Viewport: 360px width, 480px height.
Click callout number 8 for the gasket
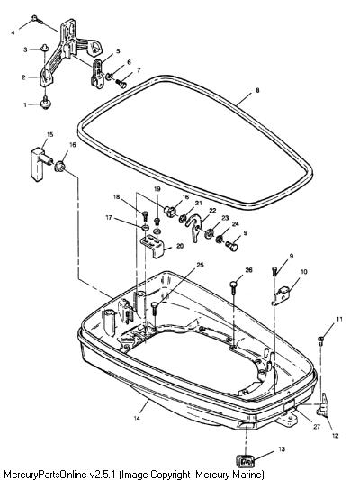[x=257, y=90]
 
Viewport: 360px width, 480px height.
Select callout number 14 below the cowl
[x=137, y=418]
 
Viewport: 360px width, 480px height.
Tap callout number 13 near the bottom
[x=282, y=449]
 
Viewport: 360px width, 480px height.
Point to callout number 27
[x=316, y=426]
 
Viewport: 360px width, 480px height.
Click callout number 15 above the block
[x=49, y=134]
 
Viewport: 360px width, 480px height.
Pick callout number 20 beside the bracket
[x=180, y=246]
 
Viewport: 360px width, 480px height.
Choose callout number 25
[x=200, y=265]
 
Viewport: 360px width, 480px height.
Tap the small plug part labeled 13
[x=246, y=460]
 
